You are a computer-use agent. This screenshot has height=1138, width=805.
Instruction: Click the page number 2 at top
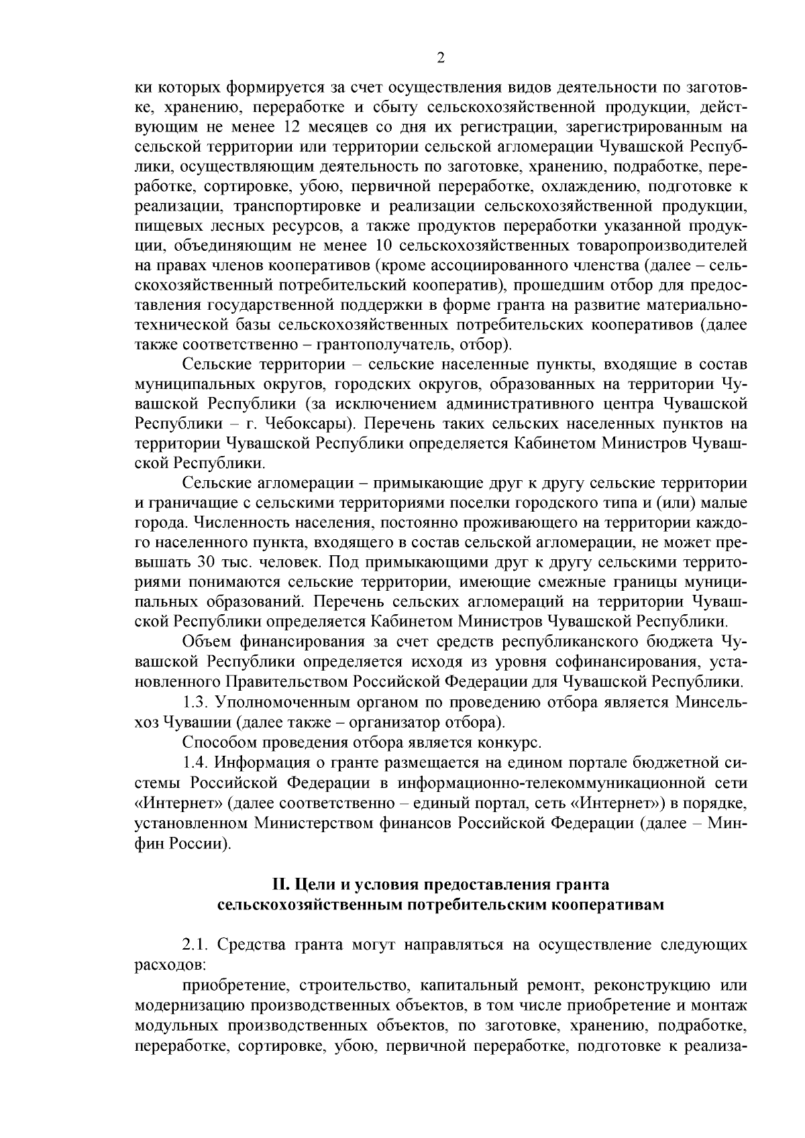coord(440,58)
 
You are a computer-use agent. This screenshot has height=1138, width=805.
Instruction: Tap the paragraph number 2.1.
coord(197,945)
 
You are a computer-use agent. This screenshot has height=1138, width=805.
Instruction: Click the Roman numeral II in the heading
coord(277,885)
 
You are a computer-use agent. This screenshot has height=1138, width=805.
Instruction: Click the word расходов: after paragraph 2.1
coord(170,964)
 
